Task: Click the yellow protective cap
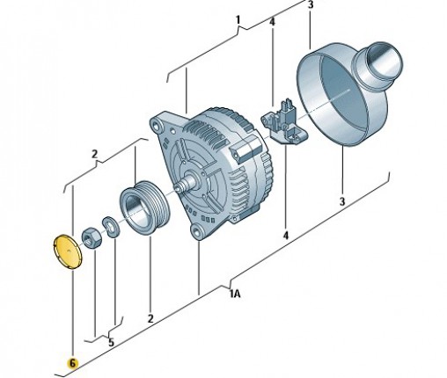tap(69, 251)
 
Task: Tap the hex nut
tap(92, 238)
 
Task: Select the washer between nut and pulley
tap(111, 227)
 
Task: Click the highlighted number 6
tap(72, 363)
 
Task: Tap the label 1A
tap(235, 294)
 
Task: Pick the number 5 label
tap(111, 342)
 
